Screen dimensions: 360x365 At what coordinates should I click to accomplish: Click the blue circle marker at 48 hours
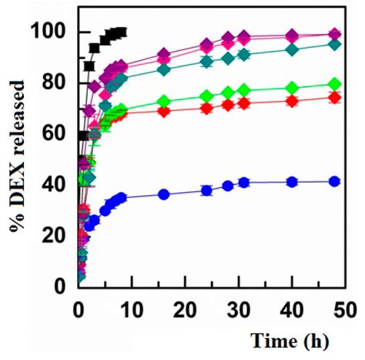coord(334,181)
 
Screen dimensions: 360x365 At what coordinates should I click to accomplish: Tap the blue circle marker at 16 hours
coord(163,194)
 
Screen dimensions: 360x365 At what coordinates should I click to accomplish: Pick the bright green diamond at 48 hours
coord(334,84)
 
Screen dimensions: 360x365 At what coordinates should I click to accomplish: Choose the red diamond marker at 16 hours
coord(163,111)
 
